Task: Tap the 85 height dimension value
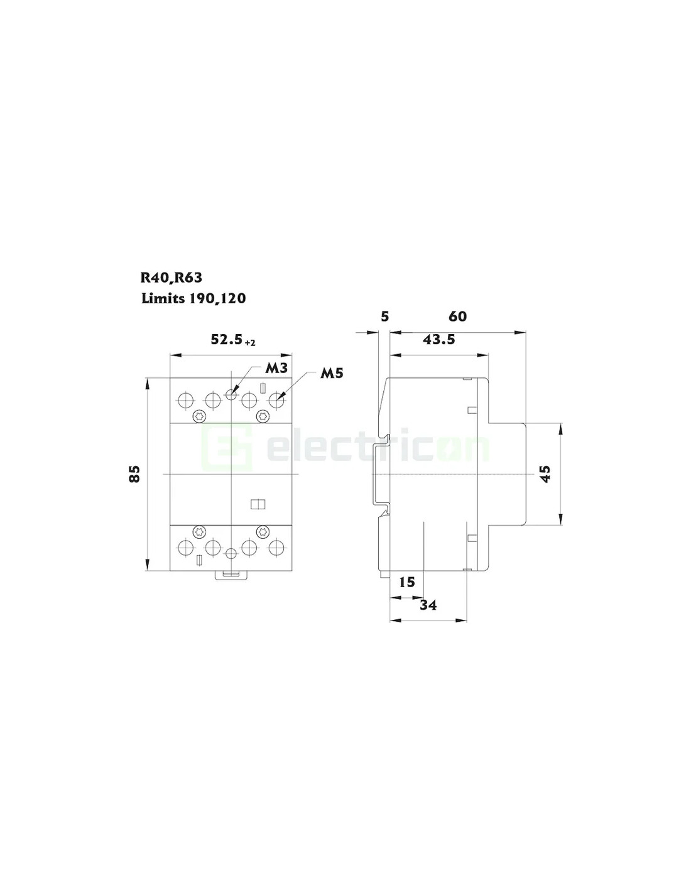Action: [x=134, y=474]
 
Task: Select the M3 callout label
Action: [x=276, y=368]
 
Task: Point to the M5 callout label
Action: [x=331, y=373]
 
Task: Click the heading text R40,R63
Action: [x=171, y=278]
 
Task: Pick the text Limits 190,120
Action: [x=193, y=298]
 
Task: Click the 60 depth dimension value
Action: [x=457, y=316]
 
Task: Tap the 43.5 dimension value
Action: [x=439, y=340]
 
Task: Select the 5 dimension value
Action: [x=384, y=316]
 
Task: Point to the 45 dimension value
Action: [x=545, y=474]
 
